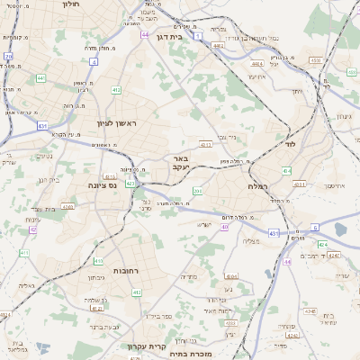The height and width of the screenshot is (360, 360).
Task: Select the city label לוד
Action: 287,144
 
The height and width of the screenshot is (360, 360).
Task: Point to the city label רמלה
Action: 270,184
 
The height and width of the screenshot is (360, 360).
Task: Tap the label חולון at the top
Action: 69,4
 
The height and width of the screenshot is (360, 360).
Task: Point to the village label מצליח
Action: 251,241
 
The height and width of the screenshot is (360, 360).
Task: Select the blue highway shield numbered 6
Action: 315,228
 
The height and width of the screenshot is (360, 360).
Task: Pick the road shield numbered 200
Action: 197,191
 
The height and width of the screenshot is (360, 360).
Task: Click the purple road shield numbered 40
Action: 225,227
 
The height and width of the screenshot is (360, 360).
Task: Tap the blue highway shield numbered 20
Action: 8,56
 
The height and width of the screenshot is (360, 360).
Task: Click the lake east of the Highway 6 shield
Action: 340,229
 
